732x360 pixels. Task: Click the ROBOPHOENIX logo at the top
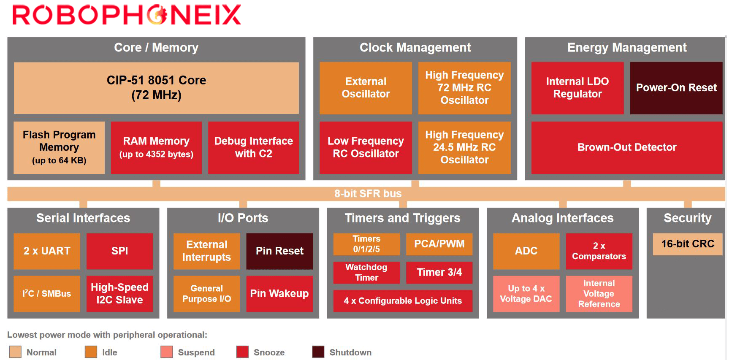pyautogui.click(x=127, y=15)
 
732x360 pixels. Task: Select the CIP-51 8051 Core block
pyautogui.click(x=156, y=88)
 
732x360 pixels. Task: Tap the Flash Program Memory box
pyautogui.click(x=59, y=147)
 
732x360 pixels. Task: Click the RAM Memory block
pyautogui.click(x=156, y=147)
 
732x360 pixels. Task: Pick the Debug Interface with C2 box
pyautogui.click(x=253, y=147)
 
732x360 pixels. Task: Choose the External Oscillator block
pyautogui.click(x=366, y=88)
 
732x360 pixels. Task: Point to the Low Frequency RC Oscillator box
pyautogui.click(x=366, y=147)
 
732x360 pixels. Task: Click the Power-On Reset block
pyautogui.click(x=676, y=88)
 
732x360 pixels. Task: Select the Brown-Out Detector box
pyautogui.click(x=627, y=147)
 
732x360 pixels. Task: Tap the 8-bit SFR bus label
pyautogui.click(x=368, y=193)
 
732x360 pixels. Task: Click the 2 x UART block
pyautogui.click(x=47, y=251)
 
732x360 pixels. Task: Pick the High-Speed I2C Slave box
pyautogui.click(x=120, y=294)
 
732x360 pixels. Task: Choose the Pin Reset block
pyautogui.click(x=279, y=251)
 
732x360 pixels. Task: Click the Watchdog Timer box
pyautogui.click(x=366, y=273)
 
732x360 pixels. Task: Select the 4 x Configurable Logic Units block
pyautogui.click(x=403, y=301)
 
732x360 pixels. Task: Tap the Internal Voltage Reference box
pyautogui.click(x=599, y=294)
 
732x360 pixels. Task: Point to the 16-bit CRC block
pyautogui.click(x=688, y=244)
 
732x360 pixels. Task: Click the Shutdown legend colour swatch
pyautogui.click(x=318, y=352)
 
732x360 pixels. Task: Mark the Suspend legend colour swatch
pyautogui.click(x=167, y=352)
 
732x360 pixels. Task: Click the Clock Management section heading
pyautogui.click(x=415, y=48)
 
